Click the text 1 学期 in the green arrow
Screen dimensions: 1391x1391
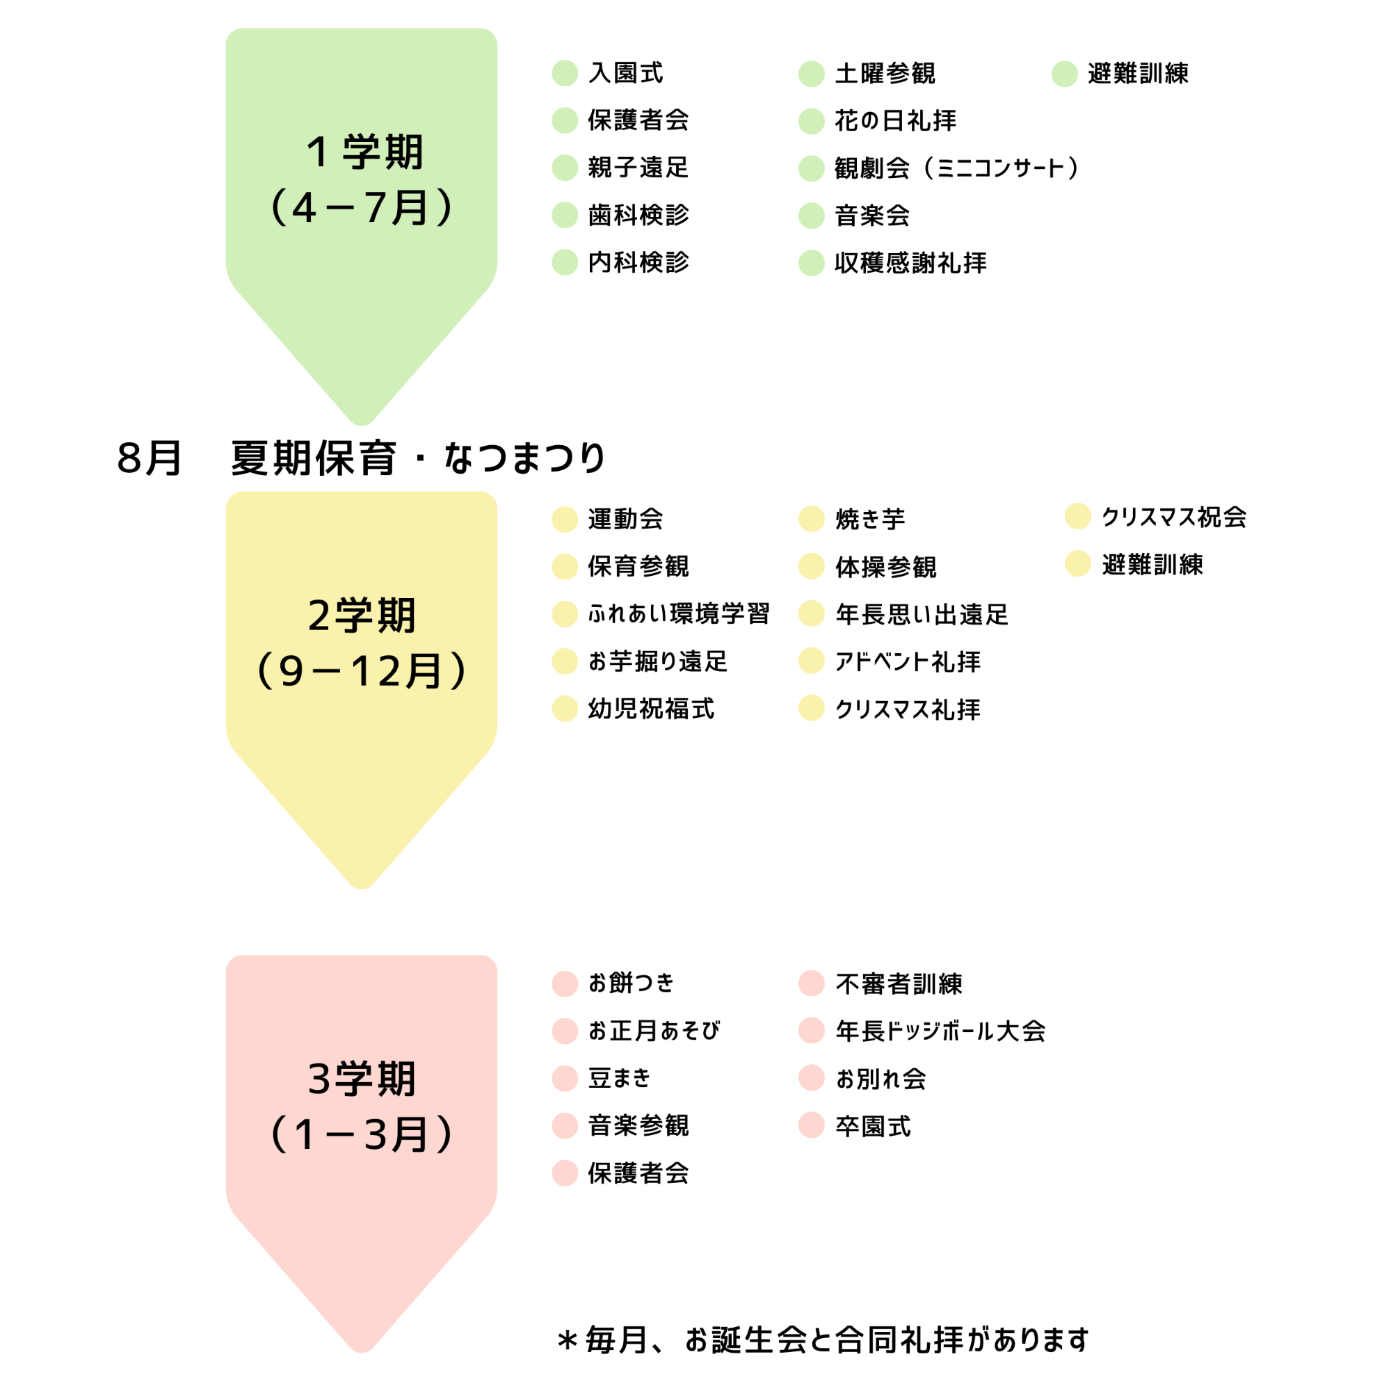pos(364,152)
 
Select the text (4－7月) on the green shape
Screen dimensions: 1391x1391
pos(362,207)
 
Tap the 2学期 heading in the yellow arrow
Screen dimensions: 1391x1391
pos(362,616)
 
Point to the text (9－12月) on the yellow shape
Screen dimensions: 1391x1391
pos(362,671)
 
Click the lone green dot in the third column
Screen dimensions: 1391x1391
pos(1064,74)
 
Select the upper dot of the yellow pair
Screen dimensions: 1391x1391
pos(1077,515)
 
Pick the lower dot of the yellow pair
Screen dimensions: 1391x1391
pos(1077,563)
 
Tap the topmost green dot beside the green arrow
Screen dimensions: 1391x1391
pos(565,74)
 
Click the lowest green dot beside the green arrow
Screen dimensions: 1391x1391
pos(565,262)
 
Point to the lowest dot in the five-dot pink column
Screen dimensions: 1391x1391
pos(565,1173)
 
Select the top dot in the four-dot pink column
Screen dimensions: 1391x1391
pos(812,983)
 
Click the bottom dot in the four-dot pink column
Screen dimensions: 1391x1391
pos(812,1125)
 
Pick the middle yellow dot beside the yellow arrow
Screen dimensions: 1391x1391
pos(565,614)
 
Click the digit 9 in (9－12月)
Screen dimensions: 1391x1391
pos(291,671)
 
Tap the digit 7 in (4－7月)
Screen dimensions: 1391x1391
pos(376,207)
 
